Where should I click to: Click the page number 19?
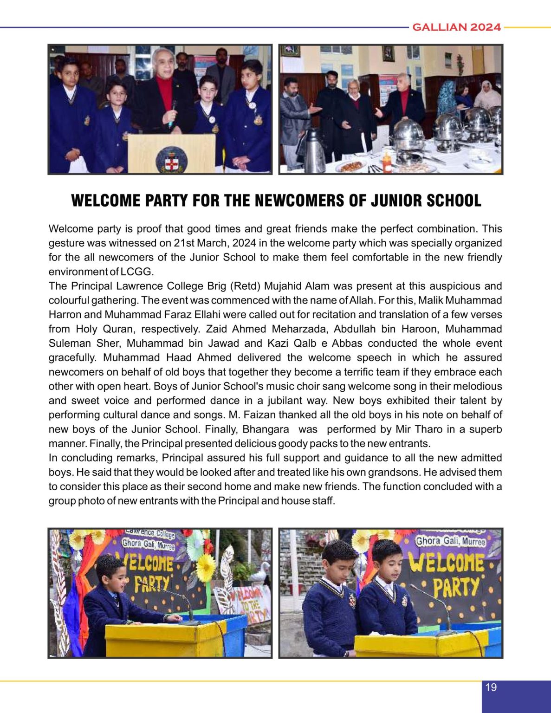[491, 687]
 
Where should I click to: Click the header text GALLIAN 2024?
[456, 27]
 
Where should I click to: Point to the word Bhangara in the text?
[266, 429]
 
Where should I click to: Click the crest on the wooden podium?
[171, 159]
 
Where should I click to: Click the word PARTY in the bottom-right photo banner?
[456, 587]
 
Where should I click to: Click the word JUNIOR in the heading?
[395, 201]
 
